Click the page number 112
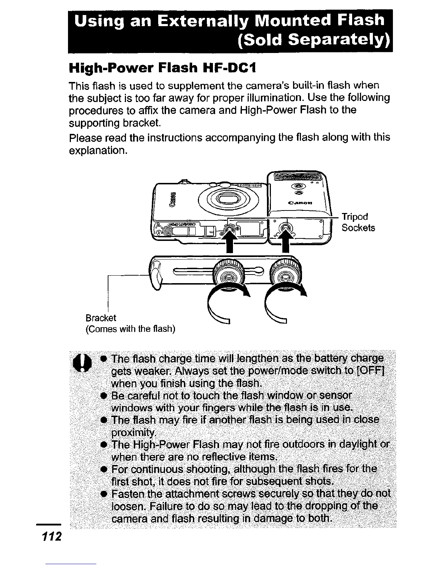52,537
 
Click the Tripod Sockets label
358,222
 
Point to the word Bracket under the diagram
101,318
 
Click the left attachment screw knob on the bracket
228,276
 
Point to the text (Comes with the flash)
131,329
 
